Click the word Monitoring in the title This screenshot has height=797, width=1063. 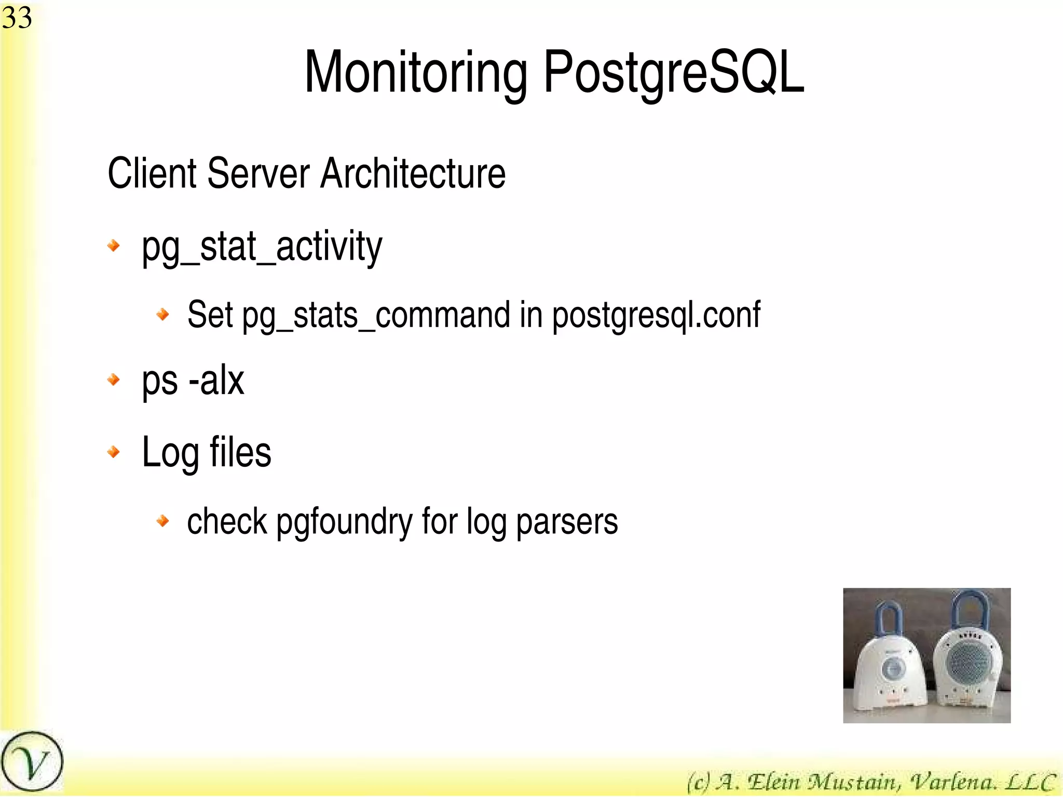(x=415, y=73)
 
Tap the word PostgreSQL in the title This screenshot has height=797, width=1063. (x=674, y=73)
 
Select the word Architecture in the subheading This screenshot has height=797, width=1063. (x=413, y=173)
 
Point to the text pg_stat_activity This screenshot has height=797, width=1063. (x=262, y=247)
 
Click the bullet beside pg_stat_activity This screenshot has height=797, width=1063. (x=113, y=245)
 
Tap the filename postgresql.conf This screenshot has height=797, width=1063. (x=656, y=316)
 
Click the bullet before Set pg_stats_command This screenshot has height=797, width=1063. (x=163, y=314)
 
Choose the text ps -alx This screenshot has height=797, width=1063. (x=193, y=382)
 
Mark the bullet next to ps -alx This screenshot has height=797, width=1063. (x=113, y=380)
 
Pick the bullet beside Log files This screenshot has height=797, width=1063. (x=113, y=452)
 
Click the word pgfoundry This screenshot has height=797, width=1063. (x=344, y=522)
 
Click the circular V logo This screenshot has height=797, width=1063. (x=32, y=762)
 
